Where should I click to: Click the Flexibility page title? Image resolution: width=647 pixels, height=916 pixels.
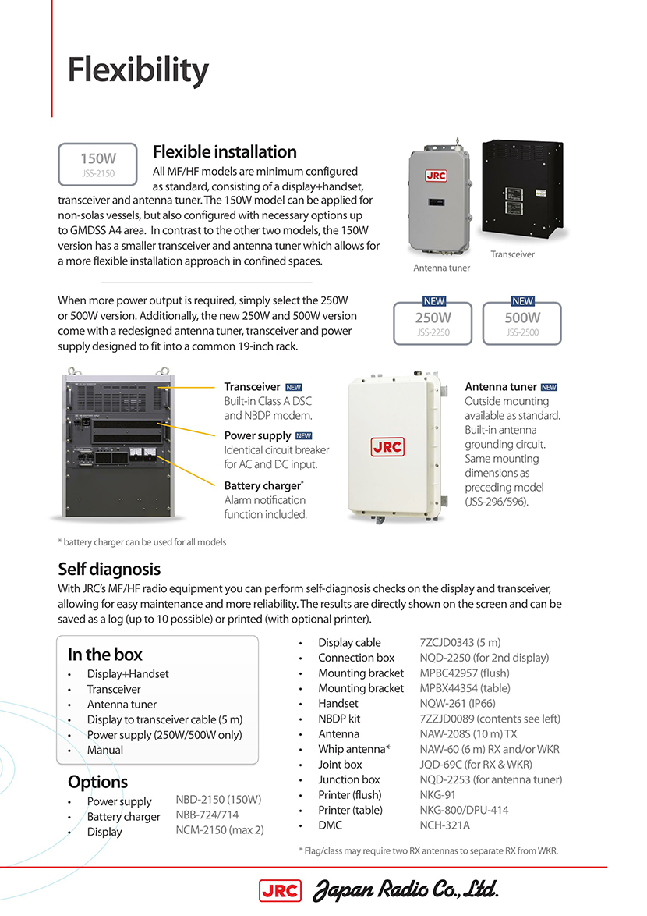pos(138,71)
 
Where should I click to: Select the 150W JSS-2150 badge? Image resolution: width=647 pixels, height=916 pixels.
pos(98,163)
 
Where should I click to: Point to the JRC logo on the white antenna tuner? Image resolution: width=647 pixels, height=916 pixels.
pos(387,448)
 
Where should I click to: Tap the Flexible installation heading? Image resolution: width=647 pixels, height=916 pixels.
pos(225,151)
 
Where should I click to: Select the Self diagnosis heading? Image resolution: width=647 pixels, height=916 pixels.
pos(109,569)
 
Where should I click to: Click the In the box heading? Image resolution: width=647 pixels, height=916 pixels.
pos(105,654)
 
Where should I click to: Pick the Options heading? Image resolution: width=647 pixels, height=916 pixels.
pos(97,781)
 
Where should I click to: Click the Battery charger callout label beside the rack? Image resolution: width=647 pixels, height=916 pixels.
pos(263,485)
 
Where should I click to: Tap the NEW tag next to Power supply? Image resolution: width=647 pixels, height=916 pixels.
pos(303,436)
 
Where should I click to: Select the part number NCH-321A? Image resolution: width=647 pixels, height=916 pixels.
pos(444,825)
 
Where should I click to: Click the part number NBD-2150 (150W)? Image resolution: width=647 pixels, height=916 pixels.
pos(218,800)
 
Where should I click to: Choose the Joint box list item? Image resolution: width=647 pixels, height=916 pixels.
pos(340,764)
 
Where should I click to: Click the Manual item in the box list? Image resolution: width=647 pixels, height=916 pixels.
pos(105,750)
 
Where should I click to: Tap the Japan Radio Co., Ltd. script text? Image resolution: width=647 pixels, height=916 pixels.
pos(405,889)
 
